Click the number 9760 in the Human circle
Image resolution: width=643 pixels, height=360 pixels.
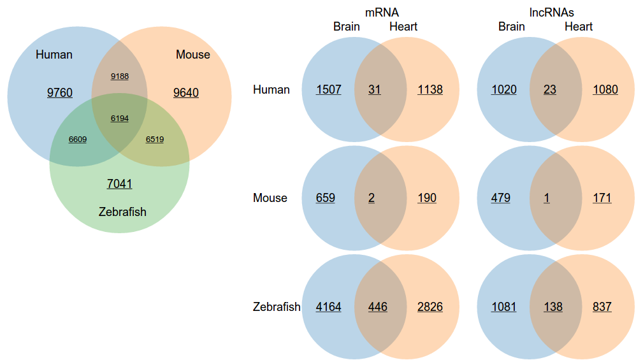(x=60, y=93)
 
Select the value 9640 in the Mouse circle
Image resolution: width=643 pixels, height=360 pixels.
(x=186, y=93)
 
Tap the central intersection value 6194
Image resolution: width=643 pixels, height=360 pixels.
(x=120, y=119)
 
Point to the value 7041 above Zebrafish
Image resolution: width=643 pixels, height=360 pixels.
(x=120, y=184)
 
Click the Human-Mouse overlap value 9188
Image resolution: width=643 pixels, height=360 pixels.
(x=120, y=76)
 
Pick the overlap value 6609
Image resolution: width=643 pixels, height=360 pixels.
(x=78, y=139)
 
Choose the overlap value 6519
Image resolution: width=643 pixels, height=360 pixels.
(x=155, y=139)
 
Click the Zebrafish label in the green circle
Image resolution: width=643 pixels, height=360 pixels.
(x=122, y=212)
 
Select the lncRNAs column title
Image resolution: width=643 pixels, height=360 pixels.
(x=552, y=12)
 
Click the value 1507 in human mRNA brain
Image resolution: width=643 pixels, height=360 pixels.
(x=329, y=90)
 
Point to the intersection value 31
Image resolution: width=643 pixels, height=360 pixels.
(x=375, y=90)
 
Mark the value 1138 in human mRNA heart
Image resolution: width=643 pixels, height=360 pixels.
(x=430, y=90)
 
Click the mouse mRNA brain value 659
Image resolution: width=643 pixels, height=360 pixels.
(x=325, y=198)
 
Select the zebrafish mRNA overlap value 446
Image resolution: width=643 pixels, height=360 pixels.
(x=377, y=307)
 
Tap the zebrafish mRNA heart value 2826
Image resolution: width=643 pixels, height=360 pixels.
(x=430, y=307)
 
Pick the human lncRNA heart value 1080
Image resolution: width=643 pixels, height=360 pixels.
(x=605, y=90)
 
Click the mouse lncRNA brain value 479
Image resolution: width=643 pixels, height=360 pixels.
(x=501, y=198)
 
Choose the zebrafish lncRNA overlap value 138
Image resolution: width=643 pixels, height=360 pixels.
(x=553, y=307)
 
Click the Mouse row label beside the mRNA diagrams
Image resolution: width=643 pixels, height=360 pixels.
(x=270, y=198)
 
